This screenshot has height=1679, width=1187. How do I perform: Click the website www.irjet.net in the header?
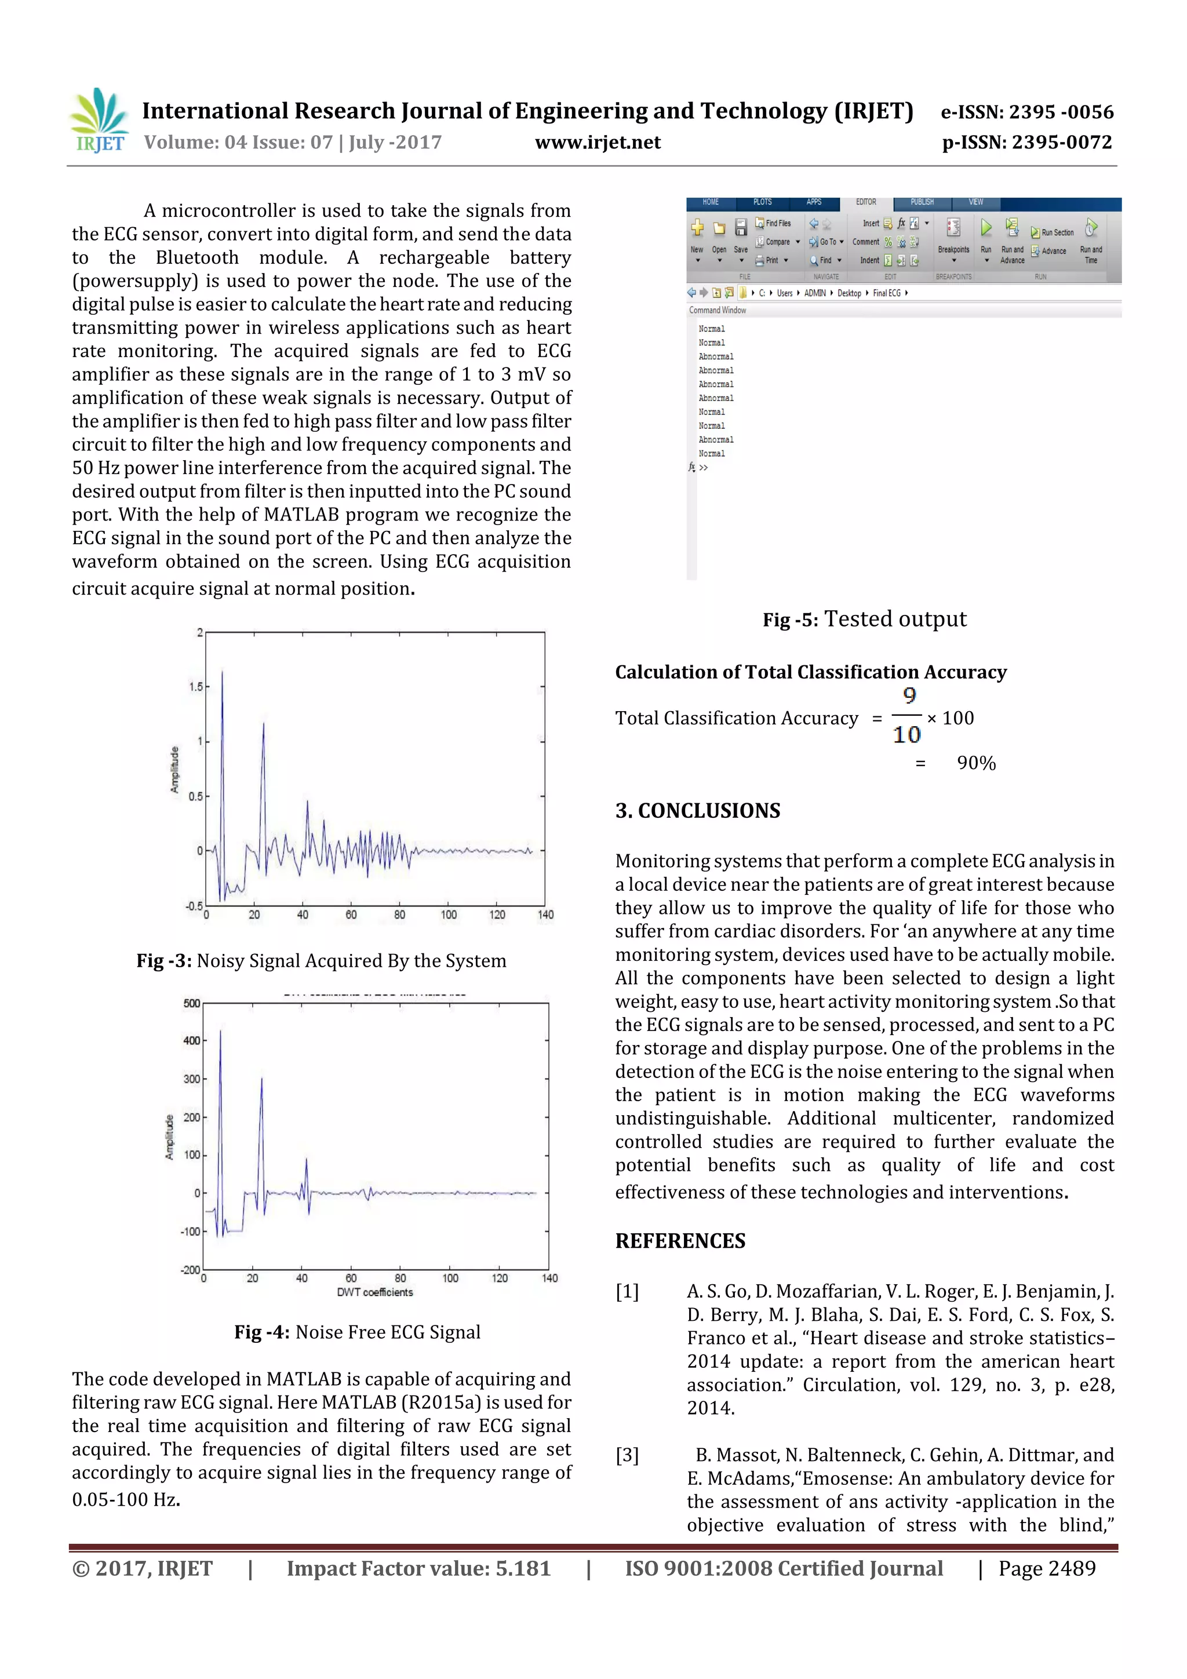(598, 142)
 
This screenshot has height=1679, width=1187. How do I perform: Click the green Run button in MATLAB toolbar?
(986, 228)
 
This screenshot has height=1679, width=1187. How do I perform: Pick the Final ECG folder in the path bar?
(886, 293)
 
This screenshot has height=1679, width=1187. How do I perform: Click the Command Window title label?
(718, 310)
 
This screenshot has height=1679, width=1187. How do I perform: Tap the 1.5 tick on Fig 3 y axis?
(195, 687)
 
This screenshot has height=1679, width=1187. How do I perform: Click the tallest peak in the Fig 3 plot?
(223, 672)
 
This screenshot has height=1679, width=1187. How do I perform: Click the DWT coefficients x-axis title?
(374, 1292)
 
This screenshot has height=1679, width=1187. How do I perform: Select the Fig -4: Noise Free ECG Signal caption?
(357, 1332)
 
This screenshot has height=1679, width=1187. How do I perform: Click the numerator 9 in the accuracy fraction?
(909, 695)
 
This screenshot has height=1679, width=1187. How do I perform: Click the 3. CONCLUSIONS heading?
(698, 810)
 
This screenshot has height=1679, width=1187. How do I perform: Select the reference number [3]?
(627, 1455)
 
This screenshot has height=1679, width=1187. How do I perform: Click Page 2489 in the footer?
(1047, 1568)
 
